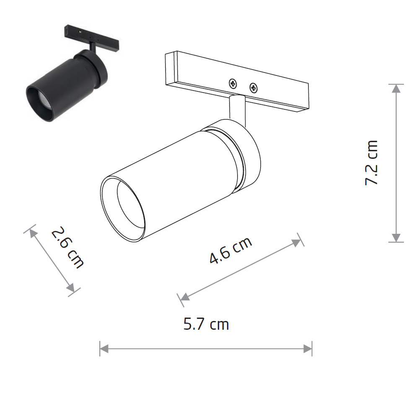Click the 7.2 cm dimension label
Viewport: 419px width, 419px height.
pos(372,163)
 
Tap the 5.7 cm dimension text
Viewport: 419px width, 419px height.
pos(206,324)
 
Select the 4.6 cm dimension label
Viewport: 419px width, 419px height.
pos(230,250)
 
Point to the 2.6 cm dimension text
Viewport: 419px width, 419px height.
pos(67,248)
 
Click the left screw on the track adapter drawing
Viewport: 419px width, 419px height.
pos(233,84)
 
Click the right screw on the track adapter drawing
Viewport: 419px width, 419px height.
pos(253,88)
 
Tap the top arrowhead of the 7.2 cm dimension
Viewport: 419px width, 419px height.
pos(396,88)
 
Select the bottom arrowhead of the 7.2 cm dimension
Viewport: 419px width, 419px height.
pos(396,238)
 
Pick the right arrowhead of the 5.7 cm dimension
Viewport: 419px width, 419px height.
pos(308,349)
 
